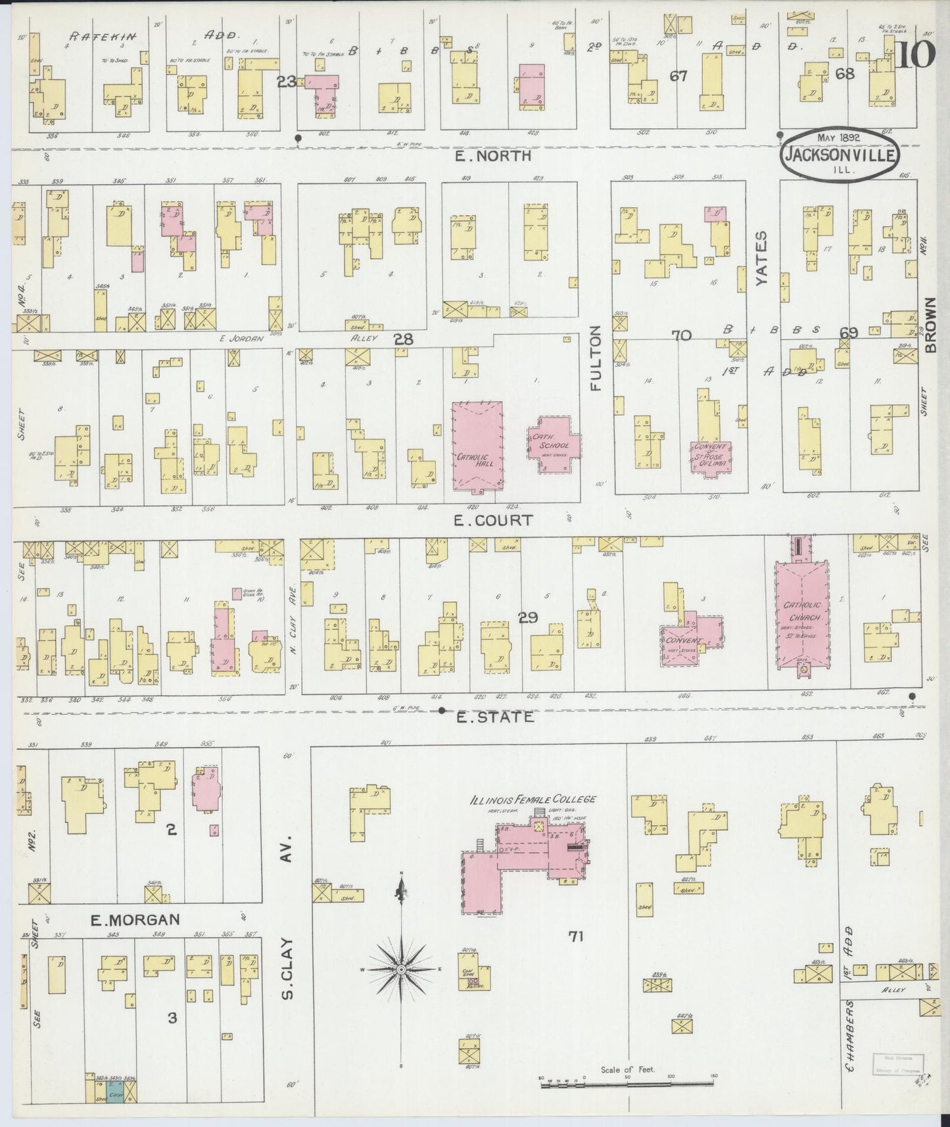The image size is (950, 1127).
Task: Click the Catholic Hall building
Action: pos(477,447)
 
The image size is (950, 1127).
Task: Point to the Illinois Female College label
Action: pos(533,800)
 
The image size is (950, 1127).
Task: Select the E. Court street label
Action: pos(493,520)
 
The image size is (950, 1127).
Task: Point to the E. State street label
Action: pos(494,717)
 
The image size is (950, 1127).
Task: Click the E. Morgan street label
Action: pos(135,919)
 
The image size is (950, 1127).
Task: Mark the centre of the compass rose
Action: pos(400,970)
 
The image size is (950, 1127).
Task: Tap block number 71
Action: pos(575,936)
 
